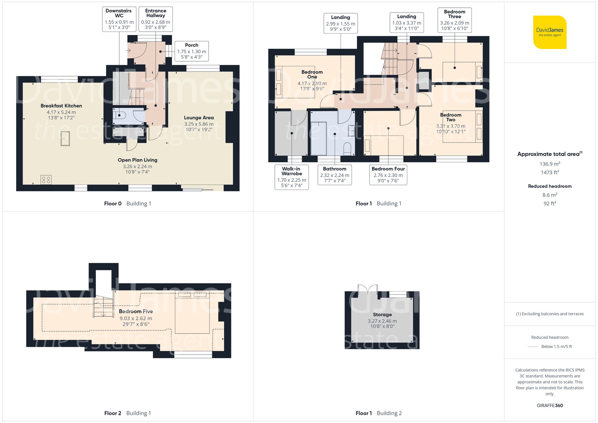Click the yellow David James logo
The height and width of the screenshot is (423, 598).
(x=550, y=32)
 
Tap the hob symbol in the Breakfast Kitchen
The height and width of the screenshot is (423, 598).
(x=46, y=180)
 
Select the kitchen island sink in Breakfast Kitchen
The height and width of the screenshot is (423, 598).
(x=65, y=139)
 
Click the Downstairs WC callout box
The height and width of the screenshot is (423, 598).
(x=119, y=19)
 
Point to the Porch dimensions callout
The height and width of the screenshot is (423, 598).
(x=192, y=51)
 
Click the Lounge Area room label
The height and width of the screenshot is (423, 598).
(x=199, y=118)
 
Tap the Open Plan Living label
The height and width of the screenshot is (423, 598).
(x=137, y=160)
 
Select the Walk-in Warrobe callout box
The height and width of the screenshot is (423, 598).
(x=292, y=177)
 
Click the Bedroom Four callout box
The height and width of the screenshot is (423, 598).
(x=388, y=175)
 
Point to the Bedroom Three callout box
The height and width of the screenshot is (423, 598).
(x=454, y=20)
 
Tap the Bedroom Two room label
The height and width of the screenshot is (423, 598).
(x=451, y=117)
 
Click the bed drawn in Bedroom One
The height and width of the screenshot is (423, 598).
(x=295, y=82)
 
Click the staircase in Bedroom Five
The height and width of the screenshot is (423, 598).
(x=103, y=306)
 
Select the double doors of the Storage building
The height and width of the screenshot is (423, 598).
(x=368, y=290)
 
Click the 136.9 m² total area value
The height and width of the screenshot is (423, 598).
(x=550, y=164)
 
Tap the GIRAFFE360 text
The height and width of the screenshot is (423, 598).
(x=550, y=405)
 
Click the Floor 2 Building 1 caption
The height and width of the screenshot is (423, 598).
(x=128, y=413)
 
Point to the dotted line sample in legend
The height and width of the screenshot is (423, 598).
(x=533, y=347)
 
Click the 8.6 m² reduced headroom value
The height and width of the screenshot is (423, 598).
(x=550, y=195)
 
